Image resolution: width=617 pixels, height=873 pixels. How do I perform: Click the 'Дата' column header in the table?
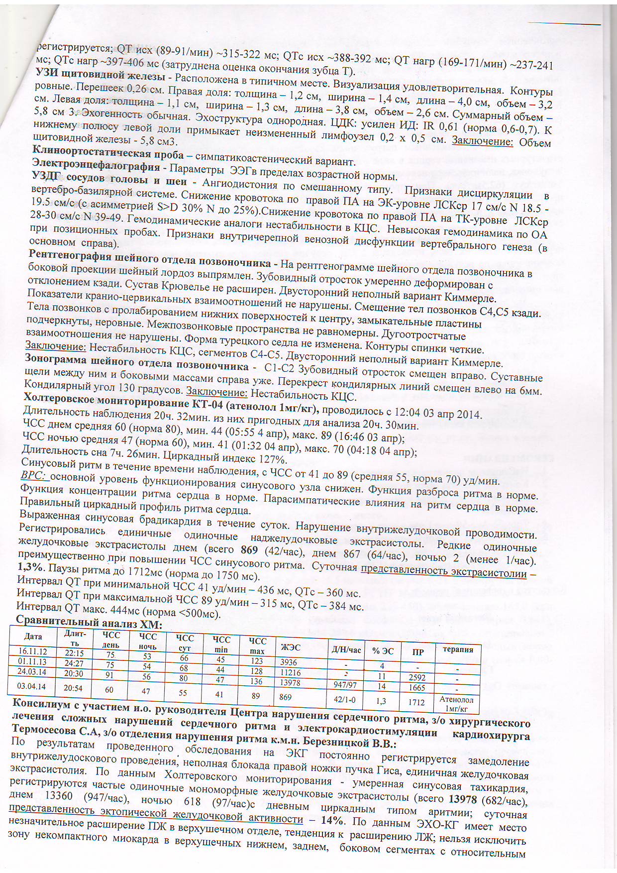click(33, 637)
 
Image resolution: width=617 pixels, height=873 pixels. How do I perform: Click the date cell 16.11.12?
click(32, 651)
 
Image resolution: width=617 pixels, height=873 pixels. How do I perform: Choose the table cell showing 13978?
click(290, 682)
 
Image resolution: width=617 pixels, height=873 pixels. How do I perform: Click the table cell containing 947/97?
click(345, 685)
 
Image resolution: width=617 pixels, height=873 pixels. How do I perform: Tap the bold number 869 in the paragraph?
click(249, 549)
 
